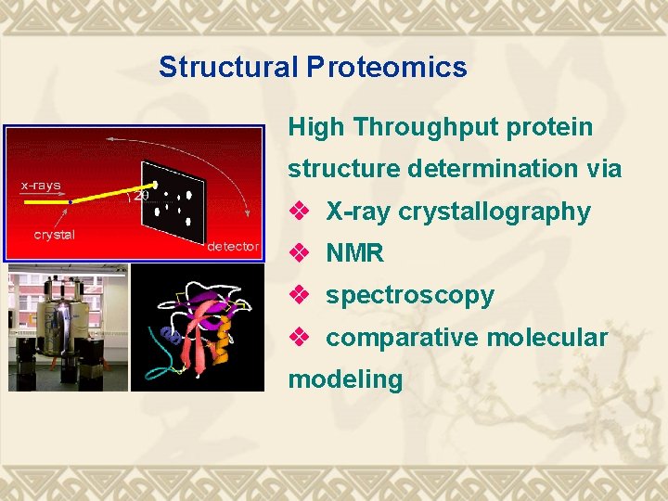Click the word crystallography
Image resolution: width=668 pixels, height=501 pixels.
[495, 212]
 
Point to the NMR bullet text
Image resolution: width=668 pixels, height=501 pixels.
[354, 253]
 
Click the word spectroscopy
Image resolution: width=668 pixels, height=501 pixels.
[410, 296]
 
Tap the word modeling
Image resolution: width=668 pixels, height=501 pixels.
[345, 379]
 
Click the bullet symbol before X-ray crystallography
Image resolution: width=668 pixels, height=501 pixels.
[299, 212]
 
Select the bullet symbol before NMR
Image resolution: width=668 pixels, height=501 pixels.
[299, 253]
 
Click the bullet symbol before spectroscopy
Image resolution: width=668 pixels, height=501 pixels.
[299, 295]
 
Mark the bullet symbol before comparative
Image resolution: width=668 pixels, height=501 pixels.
[299, 338]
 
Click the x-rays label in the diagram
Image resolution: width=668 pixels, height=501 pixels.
[41, 185]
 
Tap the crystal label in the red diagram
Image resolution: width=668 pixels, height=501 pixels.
[54, 235]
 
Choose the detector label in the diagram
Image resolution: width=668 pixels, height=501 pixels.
[232, 246]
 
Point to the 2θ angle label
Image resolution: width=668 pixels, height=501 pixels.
[142, 195]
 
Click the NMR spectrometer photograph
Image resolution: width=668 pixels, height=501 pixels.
[67, 328]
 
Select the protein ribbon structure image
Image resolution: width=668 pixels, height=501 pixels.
[197, 328]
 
